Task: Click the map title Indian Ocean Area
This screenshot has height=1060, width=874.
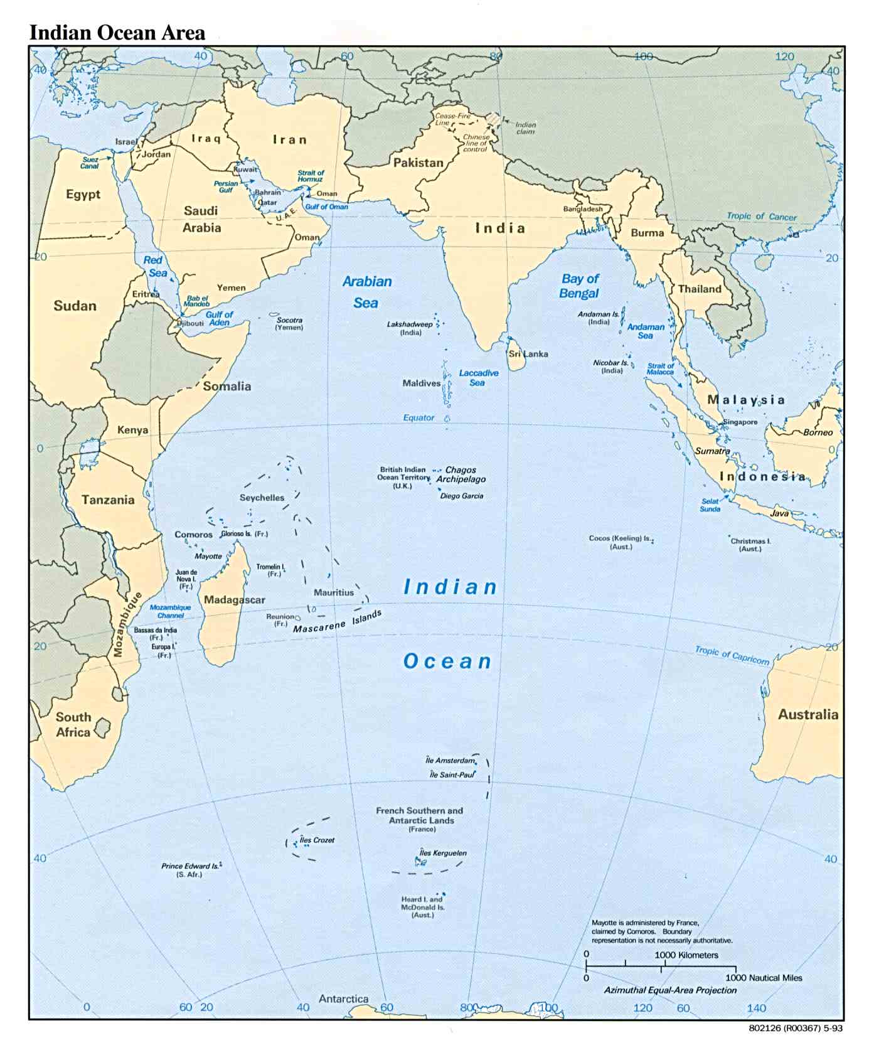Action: pos(117,33)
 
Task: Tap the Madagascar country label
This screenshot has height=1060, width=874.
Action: pos(234,600)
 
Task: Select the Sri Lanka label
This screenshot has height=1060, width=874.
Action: pos(528,354)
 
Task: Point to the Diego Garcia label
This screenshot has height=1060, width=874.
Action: pos(462,496)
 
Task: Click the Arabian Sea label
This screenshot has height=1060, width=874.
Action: pos(366,292)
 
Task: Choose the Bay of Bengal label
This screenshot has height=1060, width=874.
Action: pos(579,286)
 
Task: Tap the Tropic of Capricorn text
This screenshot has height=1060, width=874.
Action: pos(732,655)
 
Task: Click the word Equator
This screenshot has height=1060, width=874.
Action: pos(418,417)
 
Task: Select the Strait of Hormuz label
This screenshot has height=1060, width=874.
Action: pos(311,176)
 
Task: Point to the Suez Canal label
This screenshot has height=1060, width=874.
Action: pos(90,163)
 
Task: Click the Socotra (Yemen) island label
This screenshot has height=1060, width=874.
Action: pos(289,324)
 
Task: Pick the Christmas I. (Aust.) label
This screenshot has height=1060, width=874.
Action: pos(750,544)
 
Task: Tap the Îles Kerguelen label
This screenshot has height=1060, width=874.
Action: pos(443,853)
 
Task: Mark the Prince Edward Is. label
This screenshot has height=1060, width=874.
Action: pos(190,869)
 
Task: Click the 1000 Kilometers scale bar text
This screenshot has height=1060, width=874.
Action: pos(686,955)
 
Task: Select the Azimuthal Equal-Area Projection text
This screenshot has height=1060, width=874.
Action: pos(670,990)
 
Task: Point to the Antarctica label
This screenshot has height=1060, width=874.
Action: pos(343,998)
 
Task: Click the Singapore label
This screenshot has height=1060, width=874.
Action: pos(740,422)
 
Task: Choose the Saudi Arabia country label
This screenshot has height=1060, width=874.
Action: pos(201,219)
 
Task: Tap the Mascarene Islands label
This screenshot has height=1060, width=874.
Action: pos(337,622)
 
